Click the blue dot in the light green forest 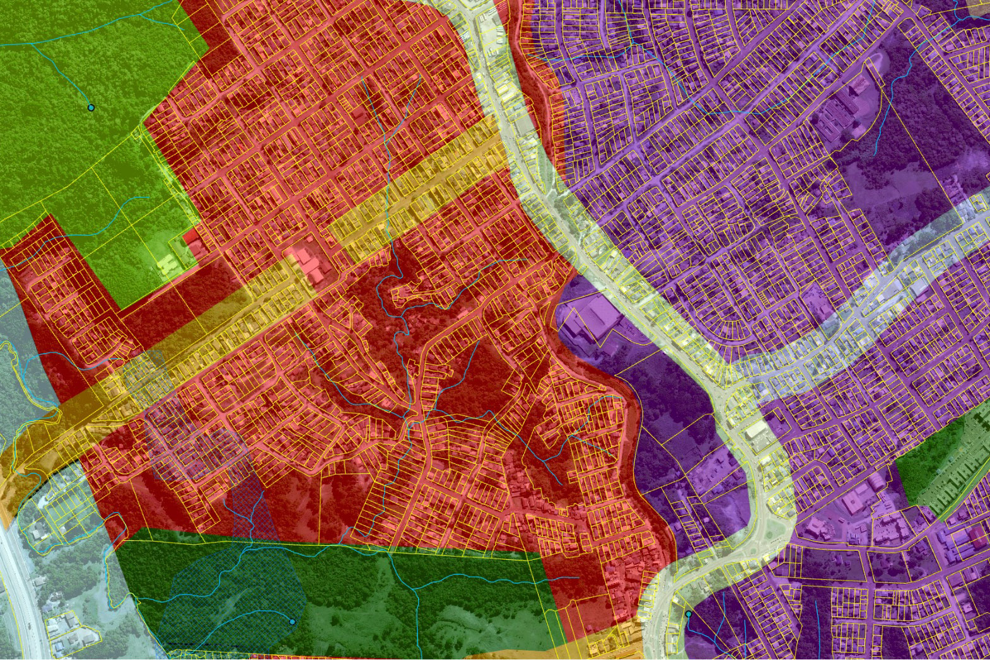[91, 108]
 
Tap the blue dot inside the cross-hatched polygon [292, 622]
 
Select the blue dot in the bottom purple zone [689, 613]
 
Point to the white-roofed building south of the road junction [755, 432]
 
